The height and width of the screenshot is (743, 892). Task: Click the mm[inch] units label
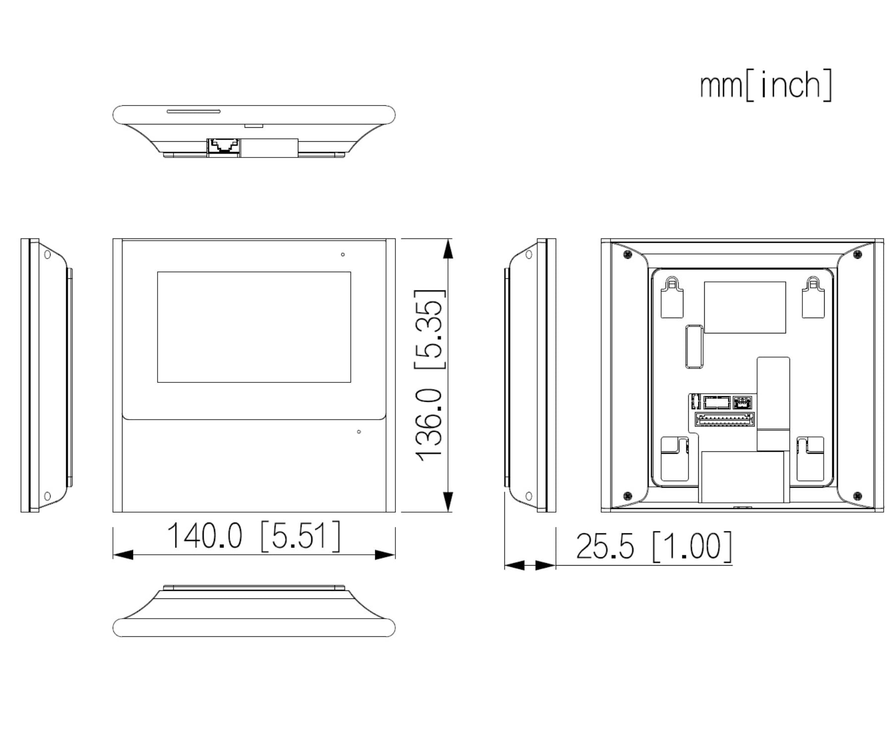click(x=766, y=85)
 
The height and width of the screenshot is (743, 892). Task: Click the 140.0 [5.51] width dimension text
click(x=254, y=535)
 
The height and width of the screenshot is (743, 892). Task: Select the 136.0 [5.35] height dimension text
click(x=429, y=375)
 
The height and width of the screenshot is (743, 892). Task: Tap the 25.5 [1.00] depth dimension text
click(x=653, y=546)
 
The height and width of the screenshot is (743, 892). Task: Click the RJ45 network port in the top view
click(x=224, y=146)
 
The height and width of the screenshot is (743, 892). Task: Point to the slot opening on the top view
click(x=193, y=111)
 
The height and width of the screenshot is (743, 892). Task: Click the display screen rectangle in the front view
click(x=254, y=327)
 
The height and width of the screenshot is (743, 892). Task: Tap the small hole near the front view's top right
click(x=342, y=255)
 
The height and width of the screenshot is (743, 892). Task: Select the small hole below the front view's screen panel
click(x=359, y=432)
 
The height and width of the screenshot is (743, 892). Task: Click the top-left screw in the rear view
click(x=627, y=255)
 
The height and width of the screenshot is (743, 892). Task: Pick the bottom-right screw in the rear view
click(x=858, y=496)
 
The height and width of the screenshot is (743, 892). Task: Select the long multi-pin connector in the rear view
click(x=725, y=420)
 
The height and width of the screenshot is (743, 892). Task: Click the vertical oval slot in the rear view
click(x=694, y=347)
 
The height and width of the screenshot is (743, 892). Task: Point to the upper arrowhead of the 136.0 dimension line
click(x=448, y=249)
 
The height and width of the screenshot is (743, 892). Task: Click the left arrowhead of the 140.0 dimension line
click(x=123, y=555)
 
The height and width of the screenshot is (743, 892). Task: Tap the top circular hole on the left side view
click(x=48, y=255)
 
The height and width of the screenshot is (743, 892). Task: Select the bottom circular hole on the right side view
click(x=529, y=496)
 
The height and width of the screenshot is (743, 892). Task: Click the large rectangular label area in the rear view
click(x=745, y=308)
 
